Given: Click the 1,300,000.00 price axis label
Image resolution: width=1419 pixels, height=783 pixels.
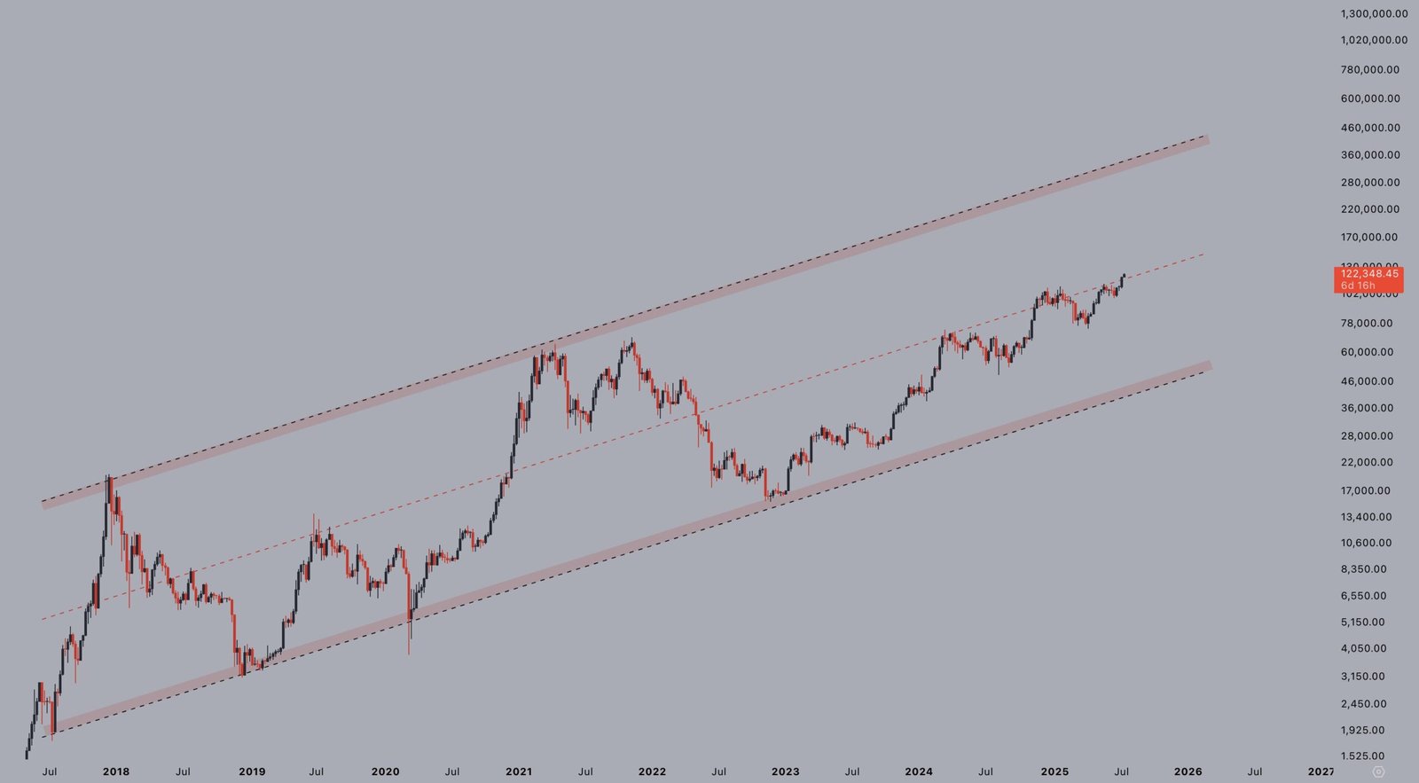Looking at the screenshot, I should (x=1374, y=13).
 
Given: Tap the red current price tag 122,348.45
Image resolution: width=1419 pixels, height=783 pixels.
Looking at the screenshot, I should (x=1368, y=274).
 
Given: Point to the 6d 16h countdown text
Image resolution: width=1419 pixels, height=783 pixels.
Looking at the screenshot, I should (x=1358, y=286).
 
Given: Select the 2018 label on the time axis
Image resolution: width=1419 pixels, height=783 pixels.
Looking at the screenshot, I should (x=116, y=771).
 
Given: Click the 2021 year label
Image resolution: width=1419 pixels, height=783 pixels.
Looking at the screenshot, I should (x=519, y=771).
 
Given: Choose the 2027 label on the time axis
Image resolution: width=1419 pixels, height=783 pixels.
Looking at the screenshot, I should (x=1320, y=771).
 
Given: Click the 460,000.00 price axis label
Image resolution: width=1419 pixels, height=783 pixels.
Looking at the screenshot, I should (x=1370, y=128).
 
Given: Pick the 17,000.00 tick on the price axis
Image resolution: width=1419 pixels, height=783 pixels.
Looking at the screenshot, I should (x=1366, y=490).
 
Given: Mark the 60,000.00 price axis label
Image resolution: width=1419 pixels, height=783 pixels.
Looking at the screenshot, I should (x=1367, y=352).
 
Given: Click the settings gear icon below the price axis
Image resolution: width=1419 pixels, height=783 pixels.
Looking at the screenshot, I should (x=1378, y=771).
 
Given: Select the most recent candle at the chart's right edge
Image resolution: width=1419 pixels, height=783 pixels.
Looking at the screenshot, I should (x=1124, y=278).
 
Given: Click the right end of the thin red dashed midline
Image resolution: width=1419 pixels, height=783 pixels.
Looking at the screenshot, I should (x=1203, y=254).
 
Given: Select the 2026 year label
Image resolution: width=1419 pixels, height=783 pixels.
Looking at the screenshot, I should (x=1188, y=771).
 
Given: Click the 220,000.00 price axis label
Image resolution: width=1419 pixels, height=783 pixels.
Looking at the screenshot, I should (x=1370, y=209).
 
